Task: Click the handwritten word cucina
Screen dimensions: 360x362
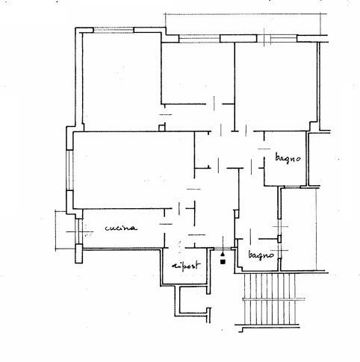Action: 121,228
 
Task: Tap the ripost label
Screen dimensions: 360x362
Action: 186,265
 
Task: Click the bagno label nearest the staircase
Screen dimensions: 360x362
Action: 261,255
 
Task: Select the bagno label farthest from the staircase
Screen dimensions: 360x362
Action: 288,158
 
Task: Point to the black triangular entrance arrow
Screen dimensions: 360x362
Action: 223,254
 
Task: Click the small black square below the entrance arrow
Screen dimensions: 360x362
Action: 223,261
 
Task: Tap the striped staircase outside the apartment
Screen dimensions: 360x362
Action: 270,299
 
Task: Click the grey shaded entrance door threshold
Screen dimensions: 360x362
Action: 223,249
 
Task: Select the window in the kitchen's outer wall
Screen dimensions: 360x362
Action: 80,231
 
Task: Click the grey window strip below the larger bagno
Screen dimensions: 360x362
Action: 293,187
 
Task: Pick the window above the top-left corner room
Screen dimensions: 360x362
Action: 114,30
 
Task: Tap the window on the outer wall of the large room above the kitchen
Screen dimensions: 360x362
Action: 70,170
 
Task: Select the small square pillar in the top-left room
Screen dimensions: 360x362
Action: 162,128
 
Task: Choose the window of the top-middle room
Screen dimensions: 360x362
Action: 199,39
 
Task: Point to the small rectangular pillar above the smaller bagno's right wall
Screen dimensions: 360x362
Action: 279,239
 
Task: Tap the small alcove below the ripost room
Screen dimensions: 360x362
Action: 194,300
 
